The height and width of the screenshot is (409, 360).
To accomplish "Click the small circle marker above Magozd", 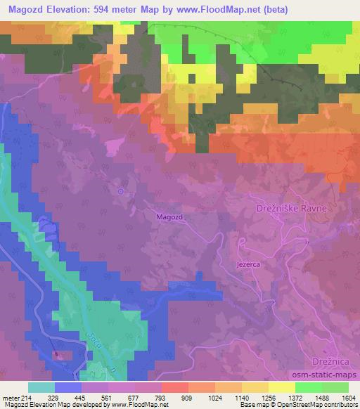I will [x=121, y=190].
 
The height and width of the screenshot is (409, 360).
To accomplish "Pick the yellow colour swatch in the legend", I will [x=281, y=387].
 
